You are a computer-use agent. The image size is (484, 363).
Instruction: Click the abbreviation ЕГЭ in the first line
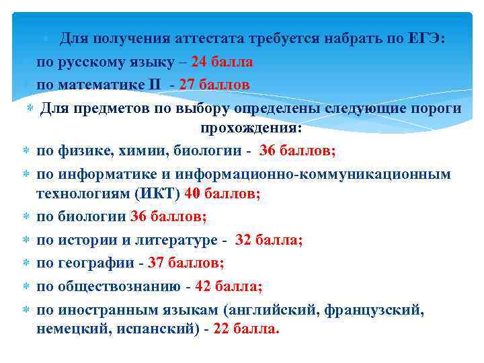pos(427,38)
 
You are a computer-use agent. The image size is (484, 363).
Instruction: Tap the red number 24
pos(200,62)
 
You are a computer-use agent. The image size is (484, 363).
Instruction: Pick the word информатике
pos(99,173)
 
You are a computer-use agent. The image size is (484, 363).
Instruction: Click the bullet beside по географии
pos(23,263)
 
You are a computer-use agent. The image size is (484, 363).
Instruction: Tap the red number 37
pos(156,263)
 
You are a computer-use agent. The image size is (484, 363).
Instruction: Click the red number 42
pos(203,286)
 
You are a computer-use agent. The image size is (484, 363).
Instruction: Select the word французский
pos(374,310)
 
